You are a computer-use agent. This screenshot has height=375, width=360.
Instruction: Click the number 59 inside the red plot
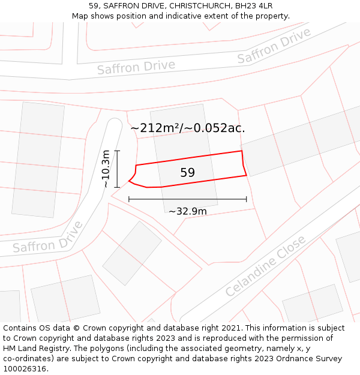click(x=188, y=173)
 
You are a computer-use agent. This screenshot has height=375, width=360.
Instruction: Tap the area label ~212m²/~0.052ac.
click(x=188, y=128)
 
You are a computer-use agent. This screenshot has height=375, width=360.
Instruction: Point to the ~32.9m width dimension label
click(x=188, y=211)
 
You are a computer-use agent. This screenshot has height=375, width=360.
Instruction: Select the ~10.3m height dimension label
click(x=106, y=169)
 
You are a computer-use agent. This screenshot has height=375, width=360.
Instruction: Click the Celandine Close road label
click(x=265, y=266)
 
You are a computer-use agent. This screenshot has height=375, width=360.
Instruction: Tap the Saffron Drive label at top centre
click(x=136, y=67)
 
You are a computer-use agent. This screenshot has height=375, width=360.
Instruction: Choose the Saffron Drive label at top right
click(x=274, y=46)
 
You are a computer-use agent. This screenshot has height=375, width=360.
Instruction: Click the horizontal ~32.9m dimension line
click(x=188, y=199)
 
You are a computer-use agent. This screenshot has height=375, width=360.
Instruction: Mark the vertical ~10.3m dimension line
click(x=118, y=169)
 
